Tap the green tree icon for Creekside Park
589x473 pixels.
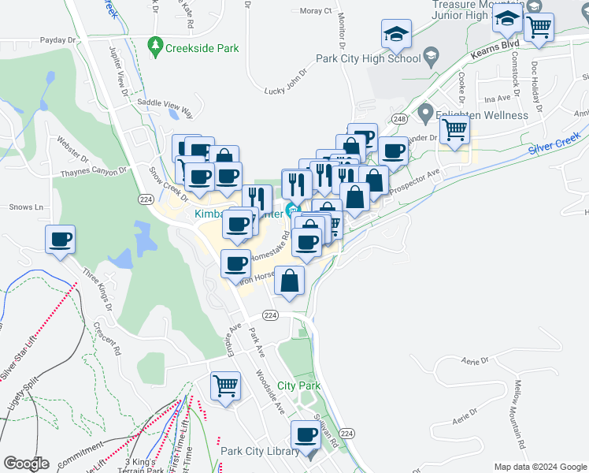[x=156, y=47]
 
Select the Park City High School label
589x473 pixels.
[x=368, y=58]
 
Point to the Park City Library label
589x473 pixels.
[x=260, y=451]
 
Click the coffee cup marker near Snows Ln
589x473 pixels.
[x=60, y=240]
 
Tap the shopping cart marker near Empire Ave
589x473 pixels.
[x=225, y=386]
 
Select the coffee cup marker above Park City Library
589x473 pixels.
[x=306, y=434]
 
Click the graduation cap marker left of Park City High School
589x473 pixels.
[x=396, y=34]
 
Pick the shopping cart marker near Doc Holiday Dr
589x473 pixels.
[x=539, y=27]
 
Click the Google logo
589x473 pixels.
[x=26, y=464]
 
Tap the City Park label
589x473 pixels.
[x=298, y=385]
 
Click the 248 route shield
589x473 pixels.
[x=401, y=118]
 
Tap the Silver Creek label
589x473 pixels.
[x=554, y=145]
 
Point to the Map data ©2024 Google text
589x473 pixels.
[x=539, y=466]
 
